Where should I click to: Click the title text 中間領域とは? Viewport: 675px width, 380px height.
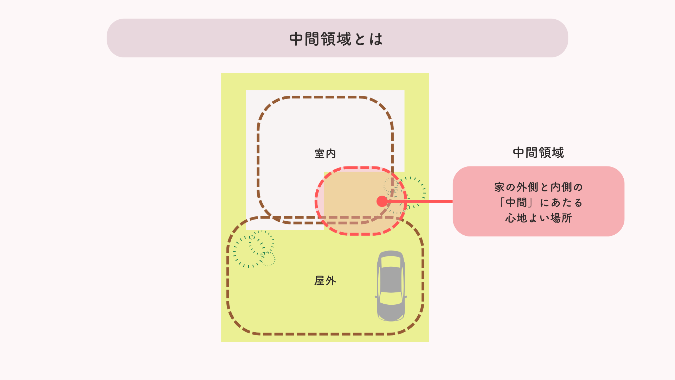336,39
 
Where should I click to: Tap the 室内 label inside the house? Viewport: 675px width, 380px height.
325,154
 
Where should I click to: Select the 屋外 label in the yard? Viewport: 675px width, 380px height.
325,281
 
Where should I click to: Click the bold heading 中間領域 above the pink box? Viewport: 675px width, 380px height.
538,153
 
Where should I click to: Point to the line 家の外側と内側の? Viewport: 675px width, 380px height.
538,187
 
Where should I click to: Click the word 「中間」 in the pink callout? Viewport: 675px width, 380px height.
516,203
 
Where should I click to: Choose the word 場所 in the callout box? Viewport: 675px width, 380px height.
561,218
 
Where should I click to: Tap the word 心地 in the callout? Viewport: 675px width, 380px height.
516,218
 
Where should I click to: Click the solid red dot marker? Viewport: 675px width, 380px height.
382,201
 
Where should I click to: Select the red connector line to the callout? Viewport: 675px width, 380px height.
422,201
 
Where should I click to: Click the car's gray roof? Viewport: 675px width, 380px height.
391,280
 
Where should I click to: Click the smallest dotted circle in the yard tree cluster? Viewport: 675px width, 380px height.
268,259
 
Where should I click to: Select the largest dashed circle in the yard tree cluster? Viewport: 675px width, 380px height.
248,252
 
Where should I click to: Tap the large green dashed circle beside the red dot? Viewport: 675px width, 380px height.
410,193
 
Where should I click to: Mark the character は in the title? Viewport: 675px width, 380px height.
376,39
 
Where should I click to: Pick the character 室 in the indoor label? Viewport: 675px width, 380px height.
319,154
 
